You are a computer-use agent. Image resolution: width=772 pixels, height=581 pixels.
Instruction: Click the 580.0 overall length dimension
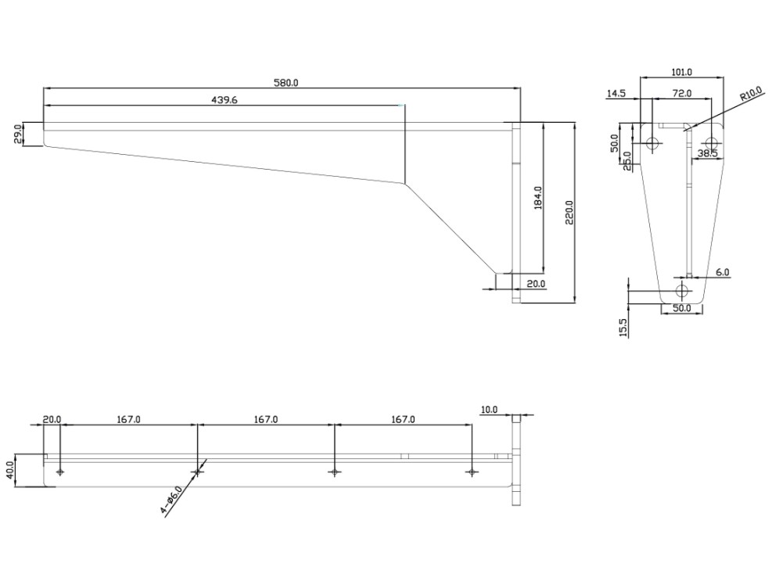tap(285, 82)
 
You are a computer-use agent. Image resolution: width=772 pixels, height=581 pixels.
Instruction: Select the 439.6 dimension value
tap(224, 99)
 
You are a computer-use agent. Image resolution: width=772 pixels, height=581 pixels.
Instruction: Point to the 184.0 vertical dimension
tap(537, 197)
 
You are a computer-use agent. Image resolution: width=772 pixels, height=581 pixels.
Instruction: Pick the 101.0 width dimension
tap(681, 72)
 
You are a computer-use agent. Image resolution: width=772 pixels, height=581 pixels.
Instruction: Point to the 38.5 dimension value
tap(708, 154)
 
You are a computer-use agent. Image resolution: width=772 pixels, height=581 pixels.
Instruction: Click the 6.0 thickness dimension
tap(722, 272)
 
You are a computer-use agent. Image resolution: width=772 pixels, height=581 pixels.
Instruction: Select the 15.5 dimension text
tap(623, 327)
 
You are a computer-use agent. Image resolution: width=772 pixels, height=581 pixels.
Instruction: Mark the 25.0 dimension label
tap(627, 160)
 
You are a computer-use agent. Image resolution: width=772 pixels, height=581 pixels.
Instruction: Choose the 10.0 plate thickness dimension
tap(489, 409)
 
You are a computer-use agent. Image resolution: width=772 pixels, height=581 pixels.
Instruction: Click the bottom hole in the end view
tap(682, 292)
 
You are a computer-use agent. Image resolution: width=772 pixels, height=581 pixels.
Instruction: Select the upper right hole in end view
tap(711, 143)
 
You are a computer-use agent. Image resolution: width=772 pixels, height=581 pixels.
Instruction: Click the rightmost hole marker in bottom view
tap(471, 472)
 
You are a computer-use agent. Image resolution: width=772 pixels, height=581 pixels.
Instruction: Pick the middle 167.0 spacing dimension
tap(265, 419)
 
